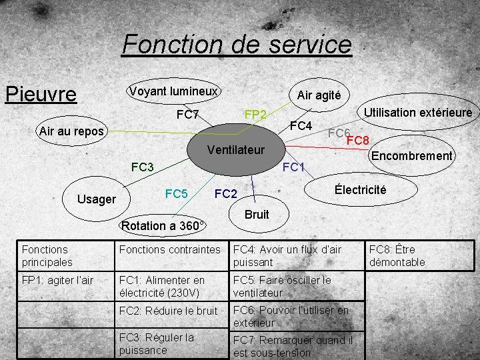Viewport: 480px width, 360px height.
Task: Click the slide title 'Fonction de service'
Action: click(x=237, y=45)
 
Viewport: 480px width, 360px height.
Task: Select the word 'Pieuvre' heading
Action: click(x=41, y=93)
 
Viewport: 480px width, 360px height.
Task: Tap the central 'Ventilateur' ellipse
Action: click(x=236, y=149)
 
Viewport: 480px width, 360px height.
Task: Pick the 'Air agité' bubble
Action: click(x=319, y=95)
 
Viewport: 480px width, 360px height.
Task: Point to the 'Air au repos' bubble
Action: click(x=71, y=131)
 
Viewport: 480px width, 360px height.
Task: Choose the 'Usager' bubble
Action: click(x=97, y=198)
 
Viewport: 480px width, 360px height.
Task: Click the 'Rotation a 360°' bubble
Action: click(x=163, y=225)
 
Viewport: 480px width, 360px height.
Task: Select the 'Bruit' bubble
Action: click(x=257, y=214)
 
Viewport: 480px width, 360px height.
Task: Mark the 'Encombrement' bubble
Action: click(x=412, y=156)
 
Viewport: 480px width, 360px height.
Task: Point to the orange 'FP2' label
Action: click(x=255, y=115)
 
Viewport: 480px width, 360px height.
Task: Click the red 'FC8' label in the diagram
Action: click(x=358, y=141)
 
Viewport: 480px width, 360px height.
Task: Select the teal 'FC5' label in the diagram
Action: click(x=176, y=194)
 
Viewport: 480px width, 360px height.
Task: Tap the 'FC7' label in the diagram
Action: click(x=188, y=115)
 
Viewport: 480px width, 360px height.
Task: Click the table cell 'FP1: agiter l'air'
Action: click(x=57, y=280)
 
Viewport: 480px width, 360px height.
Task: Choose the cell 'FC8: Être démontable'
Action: click(x=397, y=256)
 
